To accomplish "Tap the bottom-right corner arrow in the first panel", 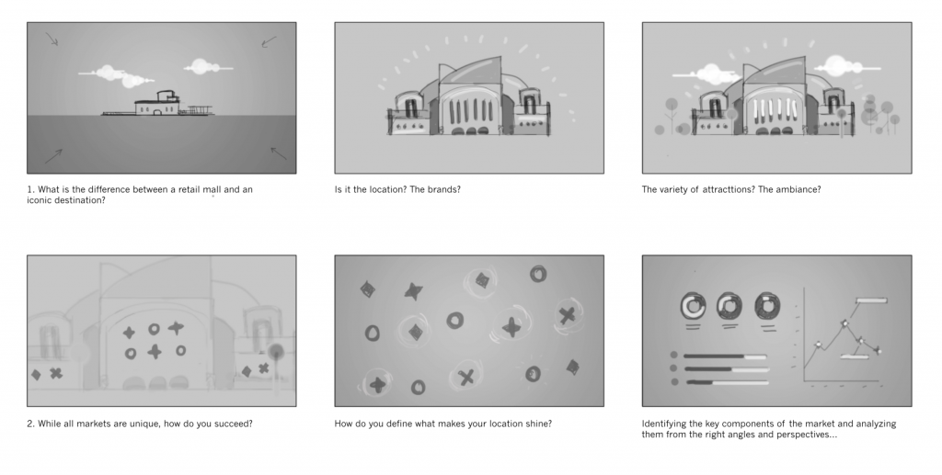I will click(278, 153).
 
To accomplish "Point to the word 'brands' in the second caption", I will click(442, 190).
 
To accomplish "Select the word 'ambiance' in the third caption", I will click(798, 190).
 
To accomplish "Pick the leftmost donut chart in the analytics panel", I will click(691, 305).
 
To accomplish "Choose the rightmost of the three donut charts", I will click(766, 305).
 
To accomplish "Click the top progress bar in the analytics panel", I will click(727, 356).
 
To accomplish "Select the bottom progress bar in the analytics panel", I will click(727, 381).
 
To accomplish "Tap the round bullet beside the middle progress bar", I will click(675, 368).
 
